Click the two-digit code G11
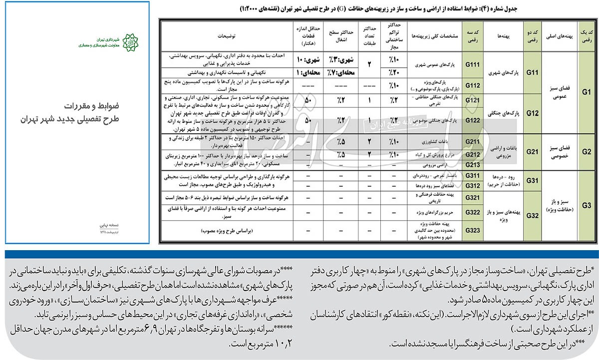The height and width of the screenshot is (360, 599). click(532, 73)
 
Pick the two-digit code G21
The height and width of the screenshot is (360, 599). click(532, 151)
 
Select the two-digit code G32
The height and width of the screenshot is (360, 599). click(532, 216)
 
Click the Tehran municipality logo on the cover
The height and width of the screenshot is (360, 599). click(129, 42)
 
